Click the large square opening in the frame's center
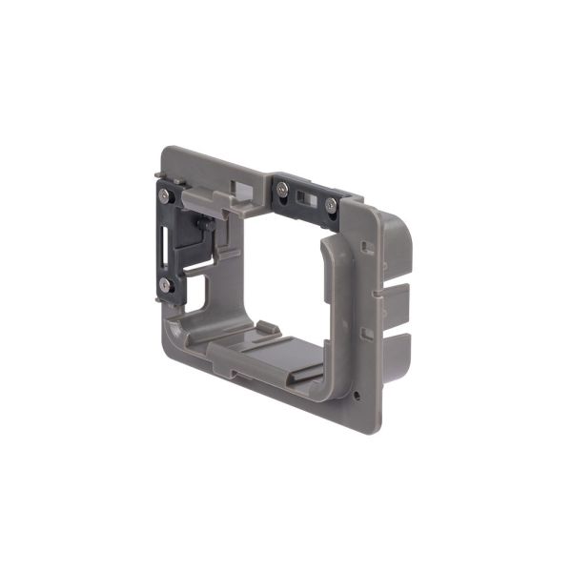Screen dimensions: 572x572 tap(276, 267)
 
